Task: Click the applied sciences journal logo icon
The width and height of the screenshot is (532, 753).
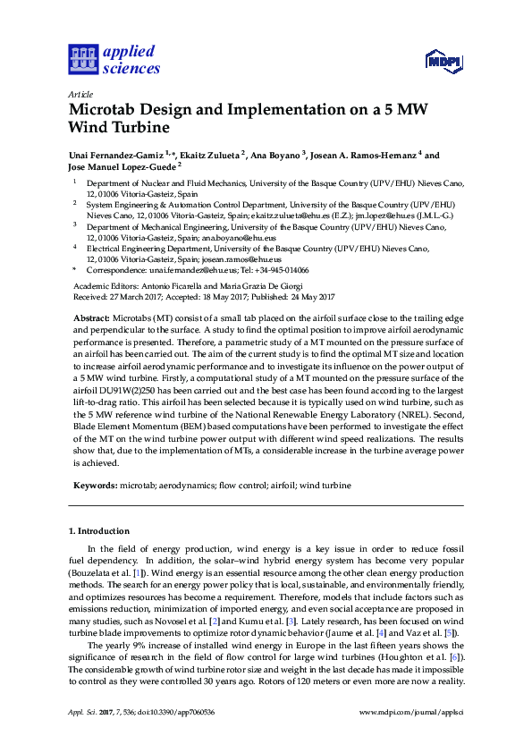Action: (x=81, y=60)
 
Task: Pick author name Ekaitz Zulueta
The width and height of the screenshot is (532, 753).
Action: (x=217, y=156)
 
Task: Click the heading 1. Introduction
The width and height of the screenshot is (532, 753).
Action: (x=99, y=530)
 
